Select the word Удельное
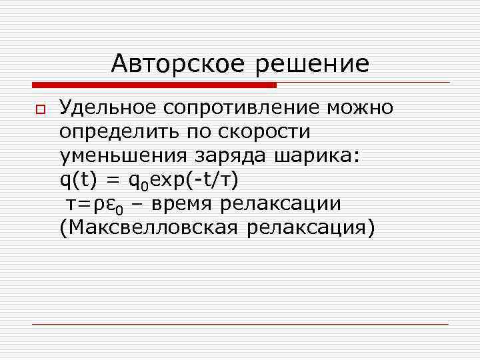pos(111,107)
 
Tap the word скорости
pos(267,132)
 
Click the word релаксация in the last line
pos(311,228)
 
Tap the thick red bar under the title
pos(154,85)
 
